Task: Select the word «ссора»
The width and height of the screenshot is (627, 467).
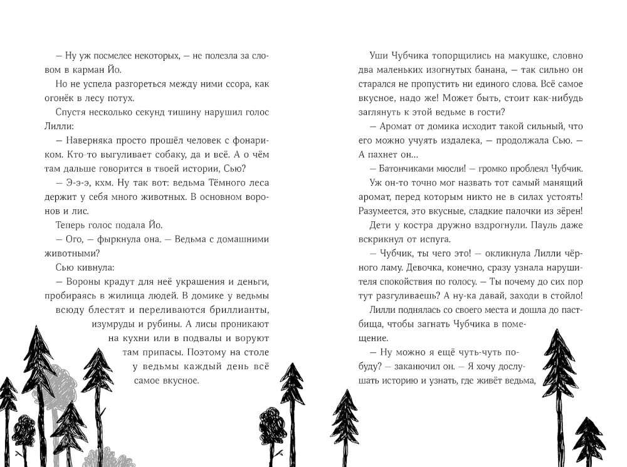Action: pos(225,84)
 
